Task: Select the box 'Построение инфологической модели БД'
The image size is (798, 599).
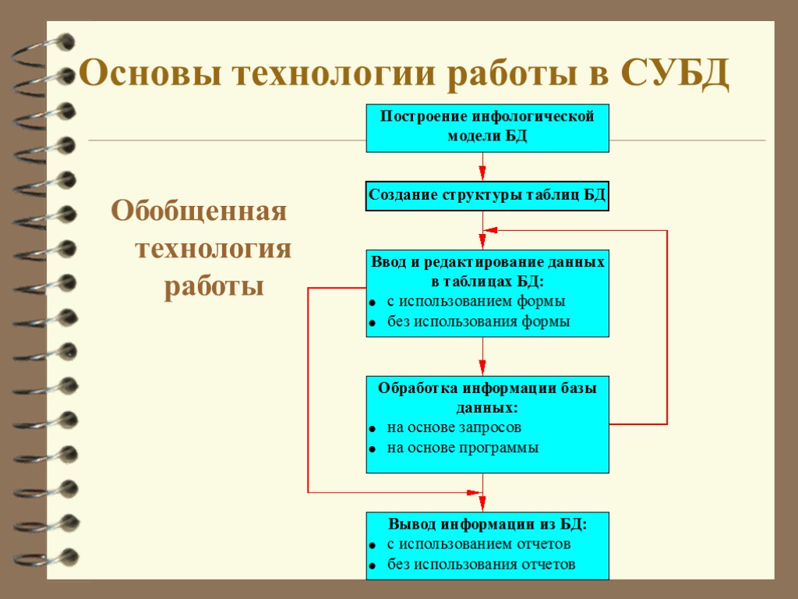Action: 487,127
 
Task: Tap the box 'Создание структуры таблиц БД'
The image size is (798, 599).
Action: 487,195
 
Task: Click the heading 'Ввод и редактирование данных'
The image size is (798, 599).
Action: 487,263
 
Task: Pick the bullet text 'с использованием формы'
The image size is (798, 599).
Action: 476,301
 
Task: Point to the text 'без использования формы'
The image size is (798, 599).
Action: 478,321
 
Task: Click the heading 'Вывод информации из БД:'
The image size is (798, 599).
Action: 487,524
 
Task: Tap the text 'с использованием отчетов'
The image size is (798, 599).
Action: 479,544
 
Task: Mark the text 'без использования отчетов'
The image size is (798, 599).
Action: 482,564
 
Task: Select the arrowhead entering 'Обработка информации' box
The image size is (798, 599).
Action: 482,367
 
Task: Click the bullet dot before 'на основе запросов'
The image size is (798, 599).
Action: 373,429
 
